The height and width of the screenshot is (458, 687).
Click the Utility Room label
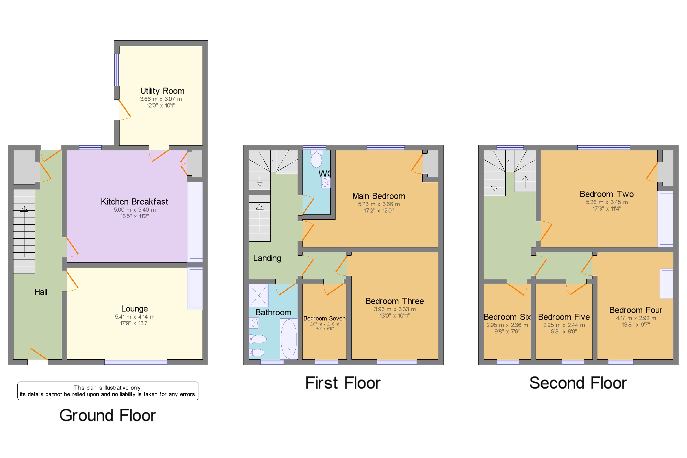(x=162, y=91)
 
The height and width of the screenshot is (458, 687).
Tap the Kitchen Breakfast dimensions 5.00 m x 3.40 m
(x=135, y=210)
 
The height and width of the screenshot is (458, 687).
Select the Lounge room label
(x=134, y=309)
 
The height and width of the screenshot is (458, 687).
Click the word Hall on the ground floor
(x=41, y=292)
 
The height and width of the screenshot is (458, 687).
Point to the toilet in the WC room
(x=316, y=159)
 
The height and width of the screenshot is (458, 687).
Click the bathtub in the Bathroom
(x=289, y=339)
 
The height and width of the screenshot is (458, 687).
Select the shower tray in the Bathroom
(x=258, y=296)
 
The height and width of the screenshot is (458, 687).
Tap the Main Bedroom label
(x=378, y=196)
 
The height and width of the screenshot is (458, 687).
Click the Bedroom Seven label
(x=324, y=318)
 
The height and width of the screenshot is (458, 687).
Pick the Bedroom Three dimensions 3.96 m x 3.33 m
(x=394, y=309)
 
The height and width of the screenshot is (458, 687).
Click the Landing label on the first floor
(x=267, y=258)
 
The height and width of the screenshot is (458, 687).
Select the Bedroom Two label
(x=606, y=194)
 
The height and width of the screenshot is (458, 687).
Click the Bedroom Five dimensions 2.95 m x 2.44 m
(x=564, y=325)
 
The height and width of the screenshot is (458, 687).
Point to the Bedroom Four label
(x=635, y=310)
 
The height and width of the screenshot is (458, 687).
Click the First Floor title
(x=343, y=383)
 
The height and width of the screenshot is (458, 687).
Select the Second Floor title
(x=578, y=383)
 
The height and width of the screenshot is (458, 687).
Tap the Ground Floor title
(x=107, y=415)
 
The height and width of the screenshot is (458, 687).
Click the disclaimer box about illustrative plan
(x=108, y=391)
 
